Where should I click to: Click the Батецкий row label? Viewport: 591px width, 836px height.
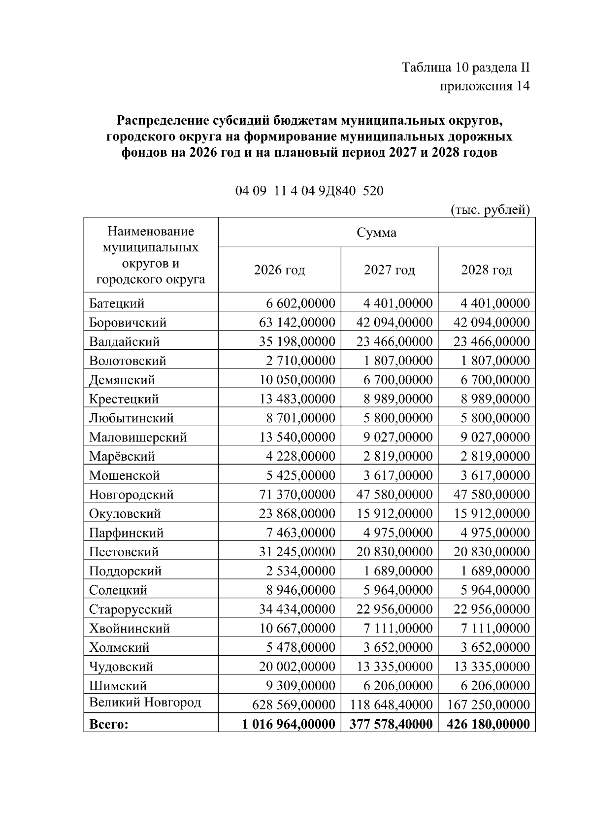tap(117, 303)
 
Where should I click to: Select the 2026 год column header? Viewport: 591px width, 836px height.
tap(279, 270)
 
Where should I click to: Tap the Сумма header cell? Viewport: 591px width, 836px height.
tap(376, 233)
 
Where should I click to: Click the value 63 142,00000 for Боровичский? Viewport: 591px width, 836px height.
tap(297, 323)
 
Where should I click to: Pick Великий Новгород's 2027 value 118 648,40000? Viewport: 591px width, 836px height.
tap(391, 704)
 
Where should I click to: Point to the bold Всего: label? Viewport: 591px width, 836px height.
tap(109, 724)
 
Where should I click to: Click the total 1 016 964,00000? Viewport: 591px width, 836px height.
tap(289, 724)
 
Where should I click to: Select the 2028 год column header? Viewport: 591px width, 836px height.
tap(486, 270)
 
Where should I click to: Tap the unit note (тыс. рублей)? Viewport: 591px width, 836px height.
tap(490, 210)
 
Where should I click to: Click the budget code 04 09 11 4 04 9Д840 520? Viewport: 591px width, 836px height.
tap(309, 191)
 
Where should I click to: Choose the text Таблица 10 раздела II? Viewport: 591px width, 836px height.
tap(465, 67)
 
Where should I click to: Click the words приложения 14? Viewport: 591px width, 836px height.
tap(484, 86)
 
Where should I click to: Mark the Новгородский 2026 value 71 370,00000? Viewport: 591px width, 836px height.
tap(297, 495)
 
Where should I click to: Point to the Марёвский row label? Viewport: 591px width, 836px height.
tap(122, 456)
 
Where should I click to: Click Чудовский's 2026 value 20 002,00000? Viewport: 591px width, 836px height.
tap(297, 667)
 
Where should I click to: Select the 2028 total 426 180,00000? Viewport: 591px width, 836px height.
tap(488, 724)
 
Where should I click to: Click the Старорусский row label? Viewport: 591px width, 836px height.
tap(131, 609)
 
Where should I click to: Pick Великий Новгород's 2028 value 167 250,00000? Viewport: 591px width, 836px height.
tap(488, 704)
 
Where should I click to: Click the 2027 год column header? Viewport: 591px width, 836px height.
tap(389, 270)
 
